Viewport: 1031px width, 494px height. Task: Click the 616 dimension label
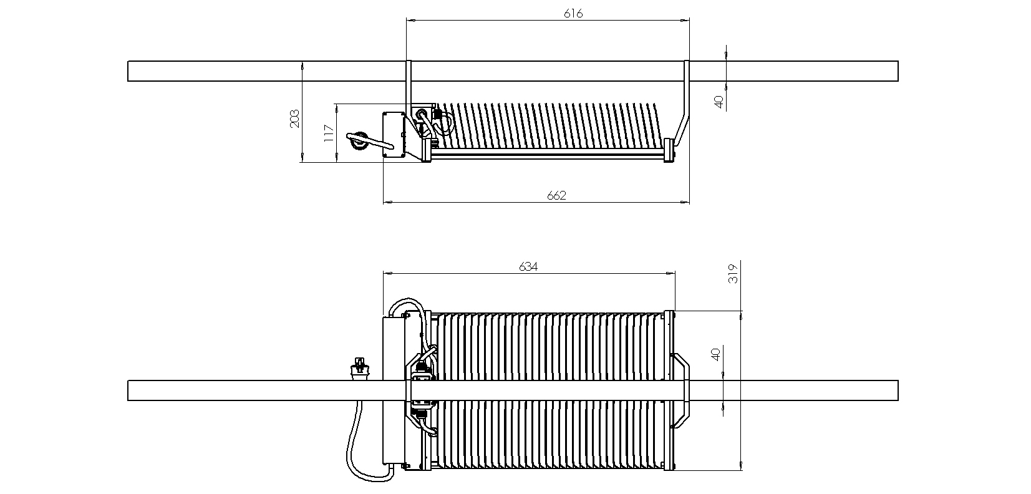coord(573,14)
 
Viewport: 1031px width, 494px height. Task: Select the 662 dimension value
coord(556,196)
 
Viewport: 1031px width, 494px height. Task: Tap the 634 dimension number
coord(528,266)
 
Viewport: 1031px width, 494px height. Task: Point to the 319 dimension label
coord(733,273)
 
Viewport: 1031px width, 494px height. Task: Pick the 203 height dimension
coord(294,119)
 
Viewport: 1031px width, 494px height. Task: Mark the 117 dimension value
coord(329,133)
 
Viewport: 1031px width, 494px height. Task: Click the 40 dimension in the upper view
coord(719,102)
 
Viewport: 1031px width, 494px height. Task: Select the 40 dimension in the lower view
coord(715,354)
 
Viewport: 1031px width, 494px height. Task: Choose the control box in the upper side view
coord(394,135)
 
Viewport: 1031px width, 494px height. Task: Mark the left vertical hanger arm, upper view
coord(409,87)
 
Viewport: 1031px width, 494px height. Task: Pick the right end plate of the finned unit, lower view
coord(669,390)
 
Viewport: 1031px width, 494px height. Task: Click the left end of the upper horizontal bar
coord(128,71)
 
